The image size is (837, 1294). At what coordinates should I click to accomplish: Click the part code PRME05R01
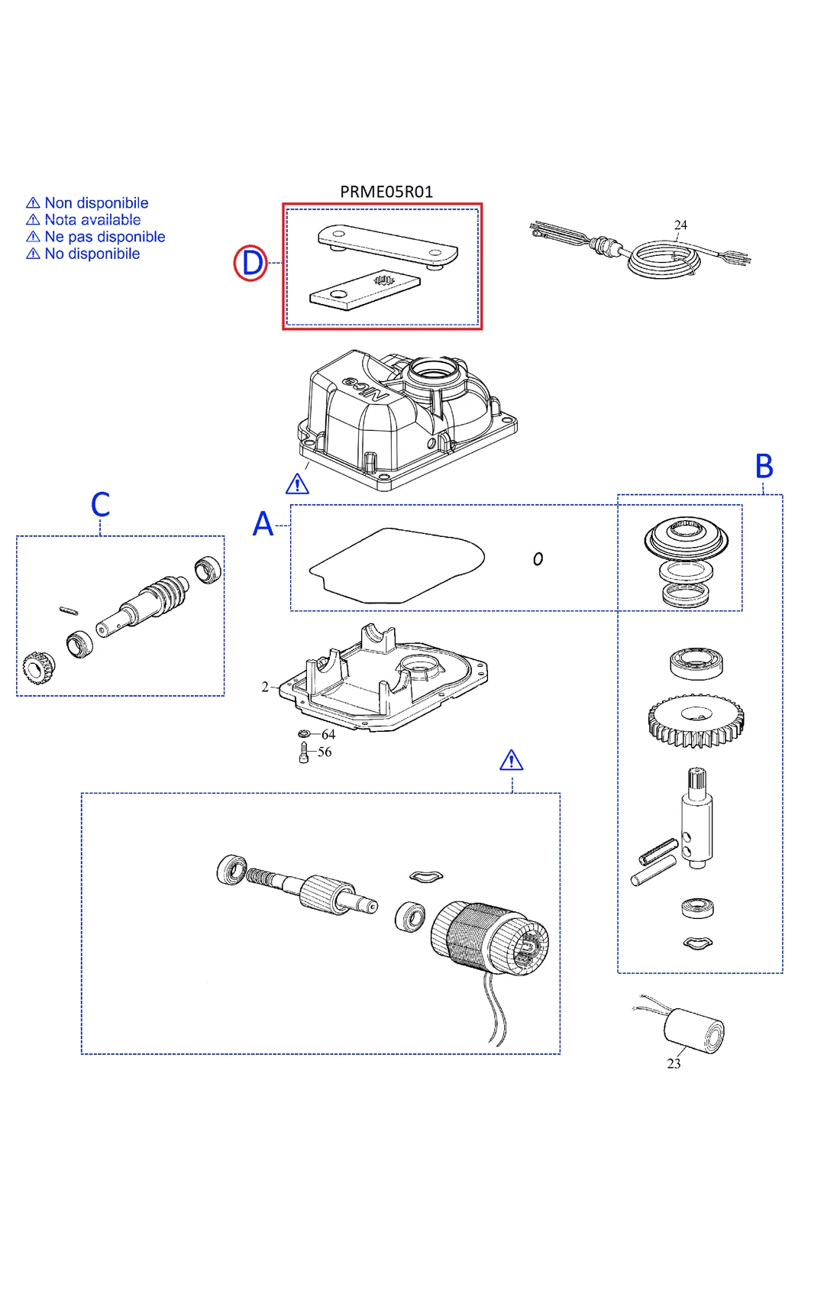(386, 192)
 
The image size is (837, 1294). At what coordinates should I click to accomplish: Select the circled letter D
(250, 263)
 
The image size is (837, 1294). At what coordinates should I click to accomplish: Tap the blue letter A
(263, 524)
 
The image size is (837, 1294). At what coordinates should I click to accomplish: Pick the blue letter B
(764, 466)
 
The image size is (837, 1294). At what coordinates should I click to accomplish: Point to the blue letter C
(100, 504)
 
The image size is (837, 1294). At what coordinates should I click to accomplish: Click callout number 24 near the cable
(680, 225)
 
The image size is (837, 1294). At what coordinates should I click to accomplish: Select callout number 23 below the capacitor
(674, 1063)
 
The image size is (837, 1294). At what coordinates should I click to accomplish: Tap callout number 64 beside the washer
(328, 734)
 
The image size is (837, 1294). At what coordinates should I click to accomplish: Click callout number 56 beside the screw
(325, 752)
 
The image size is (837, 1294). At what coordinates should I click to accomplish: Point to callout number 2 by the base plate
(265, 687)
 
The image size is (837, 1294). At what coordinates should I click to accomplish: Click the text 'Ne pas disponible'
(105, 237)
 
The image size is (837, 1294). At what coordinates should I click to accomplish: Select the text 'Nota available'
(92, 220)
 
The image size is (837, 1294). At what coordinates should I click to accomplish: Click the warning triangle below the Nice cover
(297, 484)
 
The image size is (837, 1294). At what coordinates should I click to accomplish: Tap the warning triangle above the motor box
(511, 760)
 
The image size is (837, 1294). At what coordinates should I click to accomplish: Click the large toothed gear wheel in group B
(696, 720)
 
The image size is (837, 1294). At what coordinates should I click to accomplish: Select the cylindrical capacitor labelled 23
(693, 1030)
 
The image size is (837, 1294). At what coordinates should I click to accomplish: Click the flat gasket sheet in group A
(397, 565)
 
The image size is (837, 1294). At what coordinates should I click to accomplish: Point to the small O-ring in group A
(538, 559)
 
